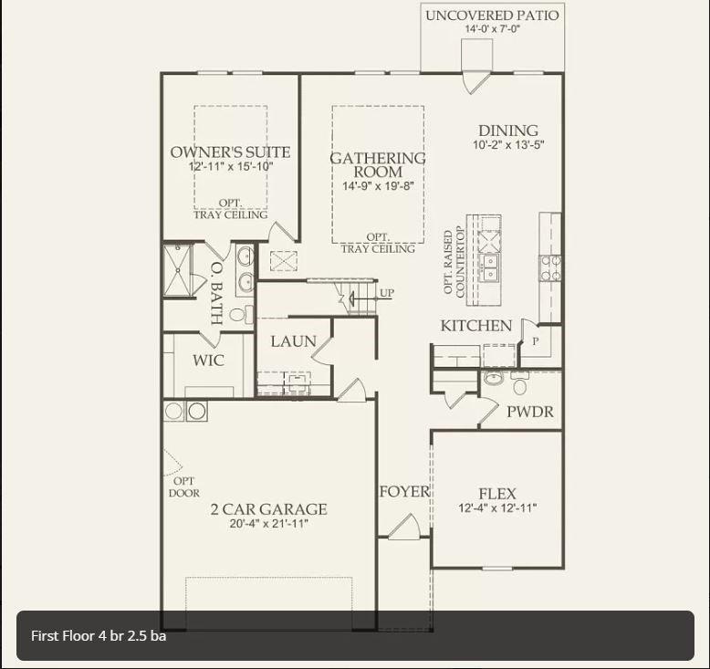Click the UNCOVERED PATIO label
point(492,16)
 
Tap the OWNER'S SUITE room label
point(230,152)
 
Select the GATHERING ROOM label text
point(378,165)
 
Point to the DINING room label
point(508,131)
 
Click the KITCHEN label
point(475,326)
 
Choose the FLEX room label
point(497,494)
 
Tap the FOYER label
point(404,492)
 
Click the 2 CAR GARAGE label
point(268,509)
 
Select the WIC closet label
point(208,361)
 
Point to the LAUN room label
point(293,341)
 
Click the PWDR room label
point(530,412)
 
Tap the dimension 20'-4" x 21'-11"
point(268,524)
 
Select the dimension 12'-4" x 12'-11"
point(497,507)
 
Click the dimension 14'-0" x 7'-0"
point(492,29)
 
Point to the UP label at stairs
point(387,293)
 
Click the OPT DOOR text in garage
point(183,487)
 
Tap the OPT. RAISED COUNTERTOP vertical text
point(454,261)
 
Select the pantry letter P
point(536,341)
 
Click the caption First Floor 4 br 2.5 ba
point(99,635)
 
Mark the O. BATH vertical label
point(216,293)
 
